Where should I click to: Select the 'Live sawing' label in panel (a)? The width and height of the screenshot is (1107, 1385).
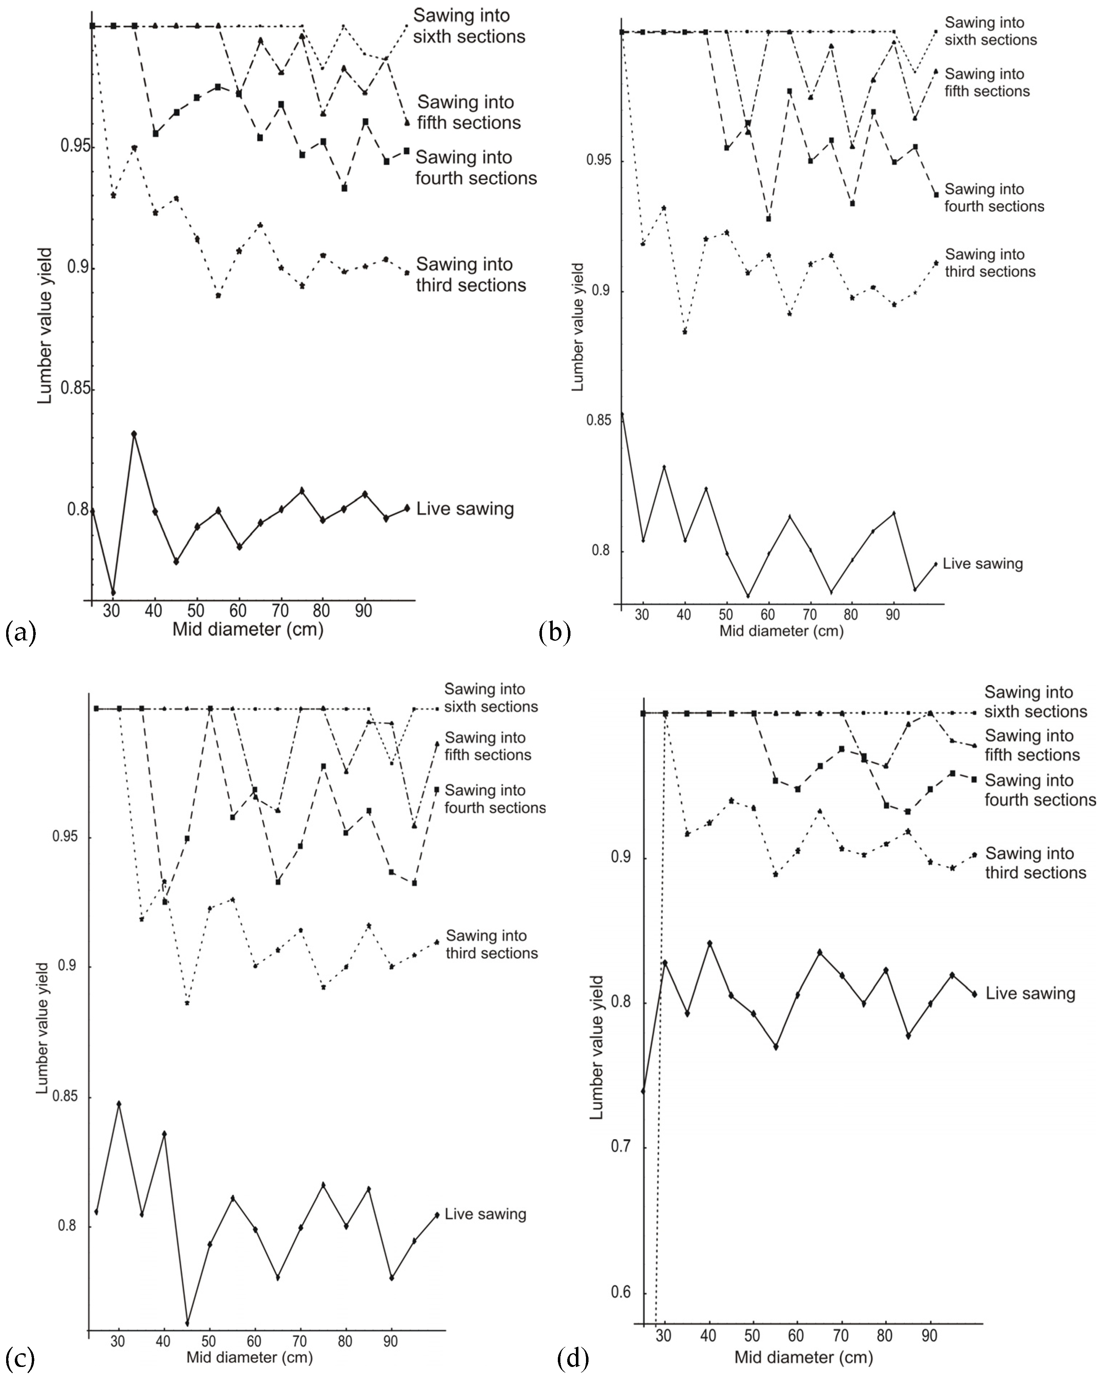point(465,509)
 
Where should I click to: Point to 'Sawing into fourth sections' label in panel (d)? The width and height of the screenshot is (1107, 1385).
point(1039,790)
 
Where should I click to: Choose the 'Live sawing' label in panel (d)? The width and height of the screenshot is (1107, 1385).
point(1030,994)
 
